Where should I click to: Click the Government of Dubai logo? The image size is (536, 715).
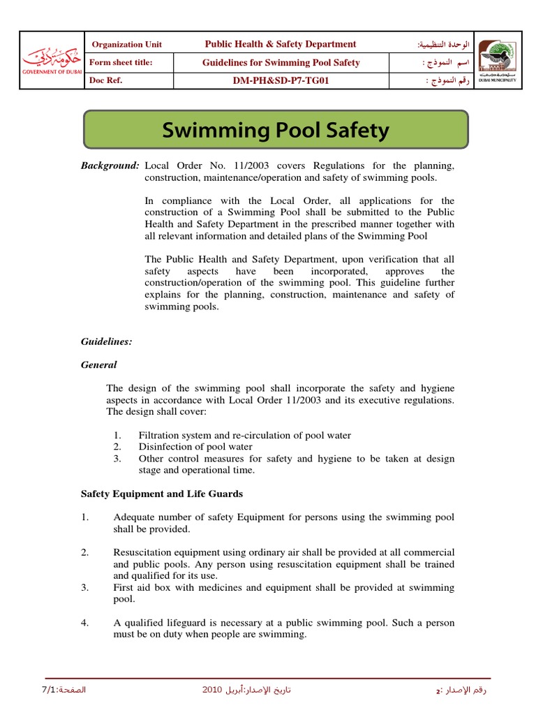[x=51, y=61]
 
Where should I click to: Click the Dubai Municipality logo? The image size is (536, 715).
[x=497, y=61]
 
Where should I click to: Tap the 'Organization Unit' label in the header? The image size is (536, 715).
[x=127, y=45]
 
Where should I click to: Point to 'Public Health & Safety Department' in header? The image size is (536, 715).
[x=280, y=44]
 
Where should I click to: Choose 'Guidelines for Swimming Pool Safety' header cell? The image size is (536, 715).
[x=281, y=63]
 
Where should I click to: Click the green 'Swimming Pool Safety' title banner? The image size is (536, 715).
[x=276, y=130]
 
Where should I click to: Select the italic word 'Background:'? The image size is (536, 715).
[x=110, y=166]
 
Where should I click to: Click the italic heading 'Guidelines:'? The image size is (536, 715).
[x=107, y=341]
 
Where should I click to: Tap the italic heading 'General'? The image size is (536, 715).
[x=99, y=364]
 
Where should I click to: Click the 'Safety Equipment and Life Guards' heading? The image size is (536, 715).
[x=162, y=494]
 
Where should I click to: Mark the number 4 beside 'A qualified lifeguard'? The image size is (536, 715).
[x=84, y=623]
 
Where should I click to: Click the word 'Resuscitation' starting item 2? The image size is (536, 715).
[x=141, y=552]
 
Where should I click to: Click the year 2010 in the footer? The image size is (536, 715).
[x=212, y=691]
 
